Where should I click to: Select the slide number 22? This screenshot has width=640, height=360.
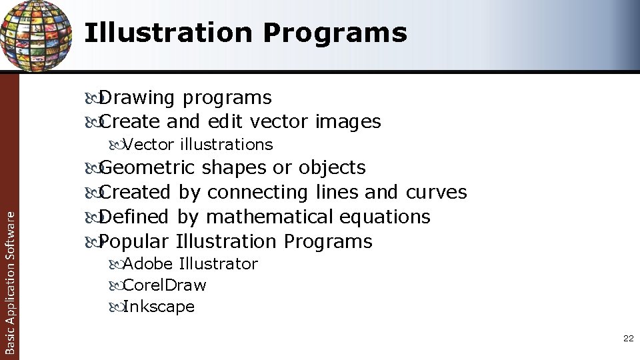coord(628,339)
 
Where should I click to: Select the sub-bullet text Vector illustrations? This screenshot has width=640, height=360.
coord(198,145)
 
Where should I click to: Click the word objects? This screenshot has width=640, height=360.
coord(332,167)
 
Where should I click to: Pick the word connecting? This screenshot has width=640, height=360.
coord(257,193)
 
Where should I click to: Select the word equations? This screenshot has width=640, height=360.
coord(385,217)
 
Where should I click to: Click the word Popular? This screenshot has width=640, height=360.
coord(134,241)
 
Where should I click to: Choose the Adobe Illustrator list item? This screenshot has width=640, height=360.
coord(190,264)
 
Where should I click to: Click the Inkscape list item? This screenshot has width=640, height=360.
coord(159,307)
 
